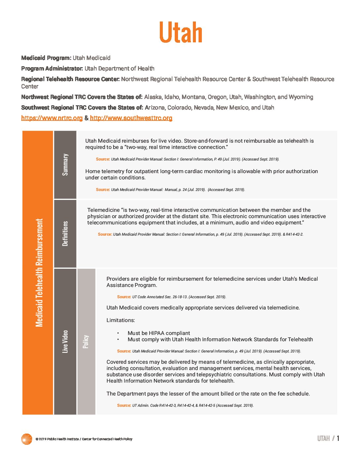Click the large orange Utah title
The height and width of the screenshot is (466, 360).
click(181, 32)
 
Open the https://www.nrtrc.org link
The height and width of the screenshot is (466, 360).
click(52, 118)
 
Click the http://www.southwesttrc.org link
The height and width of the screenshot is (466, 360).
click(131, 118)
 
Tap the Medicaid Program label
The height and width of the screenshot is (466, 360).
click(46, 58)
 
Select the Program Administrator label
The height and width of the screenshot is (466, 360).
click(52, 69)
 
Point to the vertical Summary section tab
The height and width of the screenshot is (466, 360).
click(65, 164)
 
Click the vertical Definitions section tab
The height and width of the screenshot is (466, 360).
click(65, 233)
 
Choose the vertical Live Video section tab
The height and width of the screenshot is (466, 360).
click(65, 341)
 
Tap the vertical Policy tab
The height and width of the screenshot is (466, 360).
click(86, 341)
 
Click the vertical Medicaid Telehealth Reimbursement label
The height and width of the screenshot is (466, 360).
click(39, 272)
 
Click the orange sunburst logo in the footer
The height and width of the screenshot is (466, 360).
click(26, 439)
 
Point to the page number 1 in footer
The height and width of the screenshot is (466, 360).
click(338, 439)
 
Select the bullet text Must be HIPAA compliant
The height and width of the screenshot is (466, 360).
click(159, 333)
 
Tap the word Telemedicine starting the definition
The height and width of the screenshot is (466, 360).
click(103, 210)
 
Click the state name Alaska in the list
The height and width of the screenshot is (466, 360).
click(153, 97)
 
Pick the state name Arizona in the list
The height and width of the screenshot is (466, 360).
click(155, 108)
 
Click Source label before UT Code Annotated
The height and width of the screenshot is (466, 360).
click(124, 297)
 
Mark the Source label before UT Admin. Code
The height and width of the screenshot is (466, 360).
click(124, 405)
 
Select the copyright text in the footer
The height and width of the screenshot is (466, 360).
click(84, 439)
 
